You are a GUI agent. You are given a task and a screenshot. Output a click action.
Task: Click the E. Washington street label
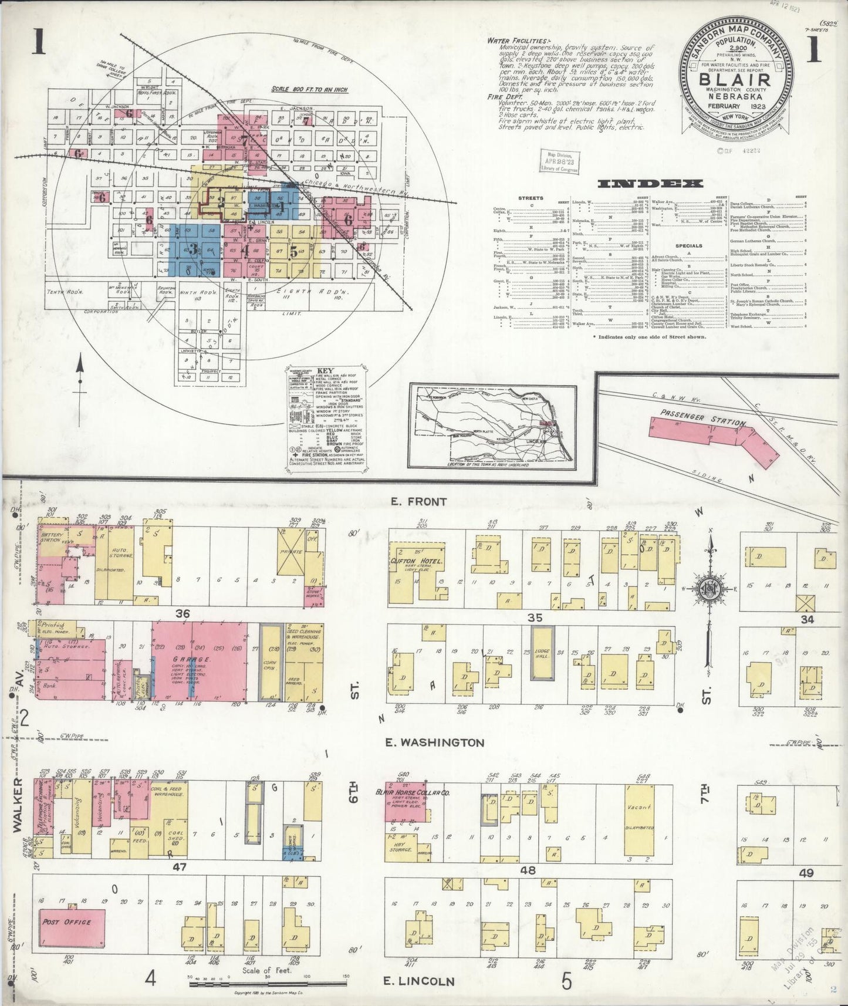pos(435,742)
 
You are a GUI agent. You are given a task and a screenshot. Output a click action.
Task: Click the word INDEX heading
pos(650,184)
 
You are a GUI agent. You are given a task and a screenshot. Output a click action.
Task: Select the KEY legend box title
pos(324,372)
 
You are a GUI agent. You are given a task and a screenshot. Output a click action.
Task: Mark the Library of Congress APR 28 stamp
pos(559,160)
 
